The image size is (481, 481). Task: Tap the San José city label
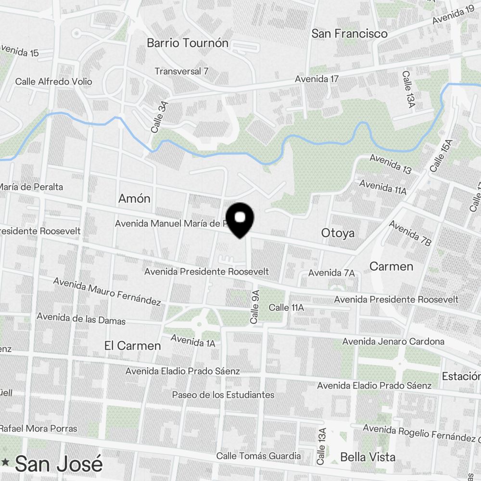(x=59, y=464)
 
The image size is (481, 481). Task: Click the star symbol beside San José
(x=5, y=462)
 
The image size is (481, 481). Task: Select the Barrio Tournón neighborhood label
(x=188, y=43)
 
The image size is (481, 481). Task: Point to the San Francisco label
(x=349, y=34)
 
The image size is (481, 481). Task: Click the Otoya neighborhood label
(x=338, y=233)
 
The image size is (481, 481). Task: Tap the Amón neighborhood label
(x=134, y=198)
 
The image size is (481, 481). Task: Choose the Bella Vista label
(x=367, y=456)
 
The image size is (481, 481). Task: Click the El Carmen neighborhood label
(x=132, y=345)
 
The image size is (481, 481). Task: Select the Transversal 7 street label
(x=181, y=71)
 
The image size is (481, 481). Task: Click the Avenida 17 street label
(x=316, y=78)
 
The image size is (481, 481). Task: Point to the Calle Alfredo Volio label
(x=53, y=81)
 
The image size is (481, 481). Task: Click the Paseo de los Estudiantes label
(x=223, y=395)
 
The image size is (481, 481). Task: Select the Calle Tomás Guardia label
(x=258, y=456)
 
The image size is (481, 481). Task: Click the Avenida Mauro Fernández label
(x=107, y=291)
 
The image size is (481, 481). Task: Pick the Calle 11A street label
(x=286, y=307)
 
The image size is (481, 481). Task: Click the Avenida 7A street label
(x=331, y=273)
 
